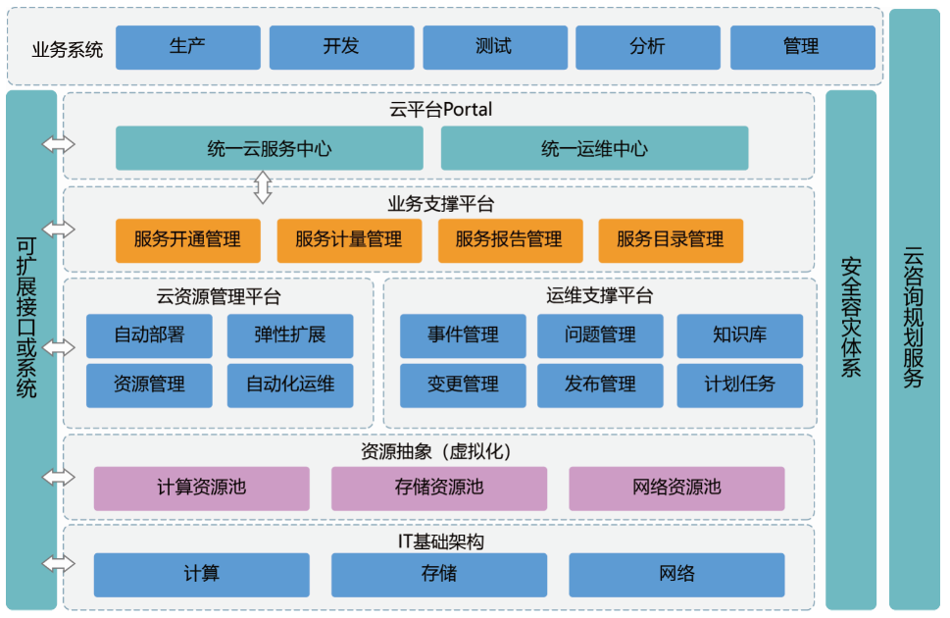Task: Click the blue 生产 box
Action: click(187, 47)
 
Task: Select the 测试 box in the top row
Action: click(494, 47)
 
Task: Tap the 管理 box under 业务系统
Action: click(802, 47)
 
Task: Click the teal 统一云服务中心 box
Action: click(270, 149)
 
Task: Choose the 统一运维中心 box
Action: click(594, 149)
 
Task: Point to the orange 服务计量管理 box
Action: click(349, 239)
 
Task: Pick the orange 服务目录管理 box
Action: click(671, 239)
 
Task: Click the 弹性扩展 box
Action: click(290, 335)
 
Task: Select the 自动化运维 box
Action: click(290, 385)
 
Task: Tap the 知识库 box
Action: click(739, 335)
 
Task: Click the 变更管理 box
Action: click(463, 385)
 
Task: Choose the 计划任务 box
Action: click(739, 385)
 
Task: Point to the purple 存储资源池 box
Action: click(439, 488)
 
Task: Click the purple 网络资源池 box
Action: click(676, 488)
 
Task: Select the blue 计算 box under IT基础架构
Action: click(201, 574)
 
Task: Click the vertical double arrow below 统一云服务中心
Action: click(263, 185)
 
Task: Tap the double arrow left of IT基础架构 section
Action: click(59, 565)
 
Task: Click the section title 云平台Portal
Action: click(440, 110)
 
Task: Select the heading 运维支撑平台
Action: click(599, 295)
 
